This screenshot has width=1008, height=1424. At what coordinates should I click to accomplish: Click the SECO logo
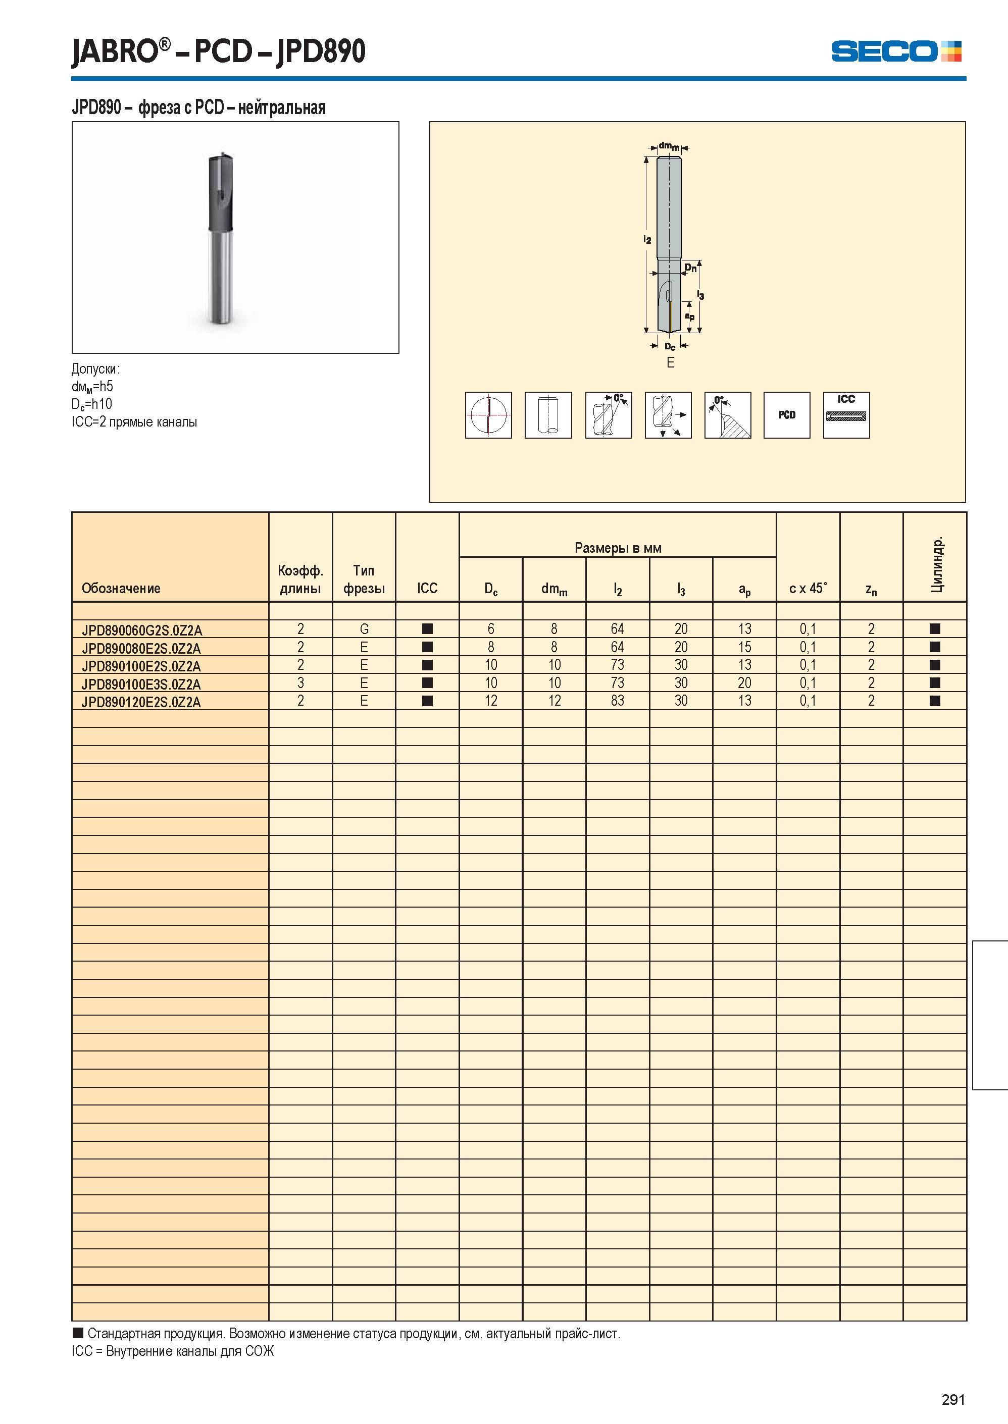point(896,51)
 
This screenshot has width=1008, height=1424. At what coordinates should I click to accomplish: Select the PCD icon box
point(786,415)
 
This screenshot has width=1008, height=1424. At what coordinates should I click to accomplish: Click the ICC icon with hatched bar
point(846,415)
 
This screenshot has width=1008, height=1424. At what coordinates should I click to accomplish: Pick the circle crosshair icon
point(488,415)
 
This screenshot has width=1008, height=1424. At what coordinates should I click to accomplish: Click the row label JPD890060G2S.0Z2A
point(141,630)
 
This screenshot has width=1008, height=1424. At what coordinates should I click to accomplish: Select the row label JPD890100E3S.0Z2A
point(141,684)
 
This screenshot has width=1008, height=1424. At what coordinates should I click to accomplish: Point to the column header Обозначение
point(121,588)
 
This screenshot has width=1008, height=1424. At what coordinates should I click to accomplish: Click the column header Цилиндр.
point(937,563)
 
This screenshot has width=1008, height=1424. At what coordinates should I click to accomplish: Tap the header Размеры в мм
point(618,548)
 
